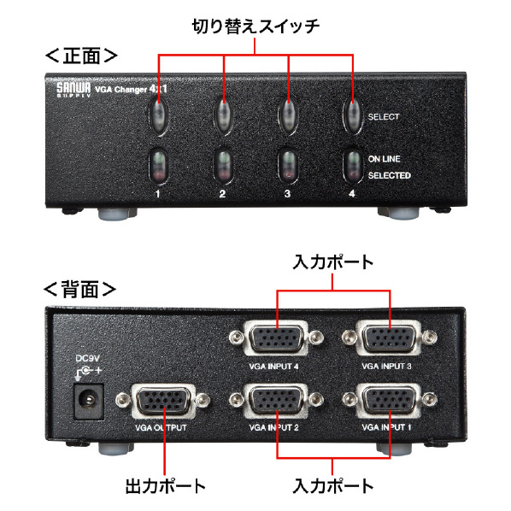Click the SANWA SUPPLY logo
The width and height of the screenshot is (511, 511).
pyautogui.click(x=73, y=89)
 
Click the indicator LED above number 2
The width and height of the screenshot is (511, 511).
pyautogui.click(x=223, y=166)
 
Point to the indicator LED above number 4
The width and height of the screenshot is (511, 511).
pyautogui.click(x=353, y=166)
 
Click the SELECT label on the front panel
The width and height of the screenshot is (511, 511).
pyautogui.click(x=384, y=117)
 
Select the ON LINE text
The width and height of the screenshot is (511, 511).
pyautogui.click(x=385, y=159)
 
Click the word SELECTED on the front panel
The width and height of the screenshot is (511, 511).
pyautogui.click(x=390, y=175)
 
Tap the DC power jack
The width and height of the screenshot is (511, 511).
pyautogui.click(x=89, y=401)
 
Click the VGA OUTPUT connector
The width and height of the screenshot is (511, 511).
pyautogui.click(x=163, y=401)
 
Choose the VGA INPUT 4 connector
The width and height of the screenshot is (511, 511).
pyautogui.click(x=276, y=338)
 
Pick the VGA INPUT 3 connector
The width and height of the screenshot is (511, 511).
pyautogui.click(x=390, y=338)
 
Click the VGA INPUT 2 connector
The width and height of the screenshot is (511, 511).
pyautogui.click(x=276, y=401)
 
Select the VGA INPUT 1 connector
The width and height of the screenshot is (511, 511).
pyautogui.click(x=390, y=401)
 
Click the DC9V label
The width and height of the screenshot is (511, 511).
pyautogui.click(x=87, y=359)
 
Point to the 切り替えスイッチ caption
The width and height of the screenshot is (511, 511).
pyautogui.click(x=255, y=26)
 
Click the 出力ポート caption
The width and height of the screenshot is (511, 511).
pyautogui.click(x=166, y=486)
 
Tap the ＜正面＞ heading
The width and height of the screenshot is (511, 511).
pyautogui.click(x=81, y=56)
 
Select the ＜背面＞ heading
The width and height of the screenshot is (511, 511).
pyautogui.click(x=79, y=289)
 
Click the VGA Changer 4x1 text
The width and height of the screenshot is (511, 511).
pyautogui.click(x=131, y=89)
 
